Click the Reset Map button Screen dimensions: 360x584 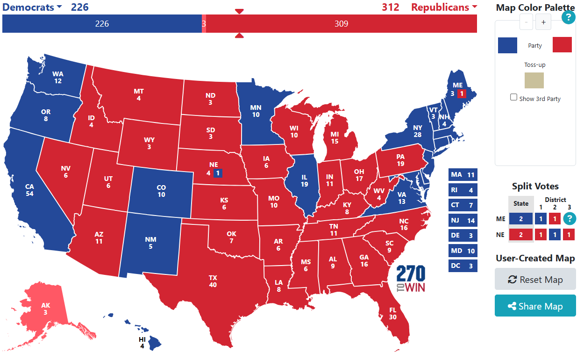(535, 280)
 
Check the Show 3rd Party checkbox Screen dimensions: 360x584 (514, 97)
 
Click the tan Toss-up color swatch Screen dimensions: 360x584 (534, 80)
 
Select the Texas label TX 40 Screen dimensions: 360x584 (213, 281)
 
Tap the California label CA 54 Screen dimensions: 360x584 (29, 190)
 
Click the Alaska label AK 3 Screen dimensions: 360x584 (45, 309)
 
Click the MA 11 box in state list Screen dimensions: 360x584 (463, 175)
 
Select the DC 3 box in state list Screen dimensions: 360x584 (463, 266)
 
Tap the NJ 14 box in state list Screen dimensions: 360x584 (463, 220)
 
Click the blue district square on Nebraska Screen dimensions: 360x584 (218, 173)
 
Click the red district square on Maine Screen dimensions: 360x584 (462, 94)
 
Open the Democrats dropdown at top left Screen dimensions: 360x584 (33, 7)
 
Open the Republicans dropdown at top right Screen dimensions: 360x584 (444, 7)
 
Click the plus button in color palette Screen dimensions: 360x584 (543, 22)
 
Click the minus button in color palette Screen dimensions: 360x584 (526, 22)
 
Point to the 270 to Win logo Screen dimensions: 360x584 (411, 279)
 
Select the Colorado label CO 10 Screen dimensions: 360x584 (161, 191)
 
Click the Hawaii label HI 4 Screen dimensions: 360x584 (142, 343)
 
